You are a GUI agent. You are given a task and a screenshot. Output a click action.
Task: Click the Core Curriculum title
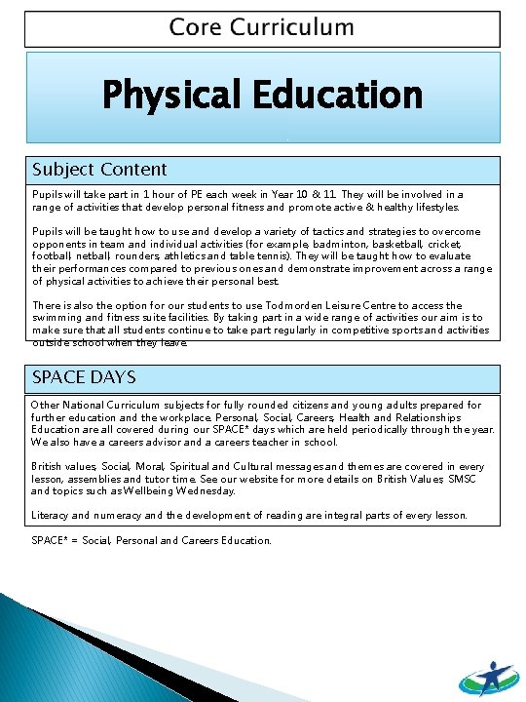(x=261, y=26)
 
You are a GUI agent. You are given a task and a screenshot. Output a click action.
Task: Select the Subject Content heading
(x=99, y=170)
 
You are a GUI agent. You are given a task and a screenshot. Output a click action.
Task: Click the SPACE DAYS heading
(x=84, y=376)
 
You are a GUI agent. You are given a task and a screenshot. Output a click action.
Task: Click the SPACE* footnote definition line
(x=152, y=540)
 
